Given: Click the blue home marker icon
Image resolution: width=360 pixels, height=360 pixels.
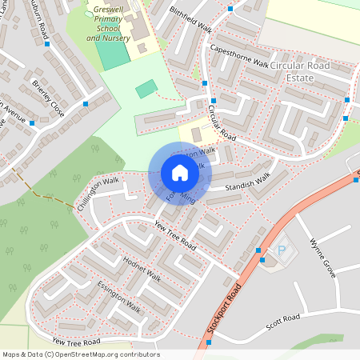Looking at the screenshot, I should point(180,173).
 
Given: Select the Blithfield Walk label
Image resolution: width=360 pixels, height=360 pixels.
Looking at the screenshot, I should point(191,19).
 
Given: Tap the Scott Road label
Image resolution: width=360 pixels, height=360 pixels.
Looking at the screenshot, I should point(283,318).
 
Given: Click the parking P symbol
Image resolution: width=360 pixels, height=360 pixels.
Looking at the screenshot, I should point(281,251).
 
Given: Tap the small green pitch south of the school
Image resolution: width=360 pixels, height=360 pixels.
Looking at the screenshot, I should point(146,89).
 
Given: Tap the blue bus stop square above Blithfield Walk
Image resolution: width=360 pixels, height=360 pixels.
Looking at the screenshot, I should point(230,9).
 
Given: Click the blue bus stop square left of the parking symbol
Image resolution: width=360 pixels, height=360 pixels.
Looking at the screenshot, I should point(258,250).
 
